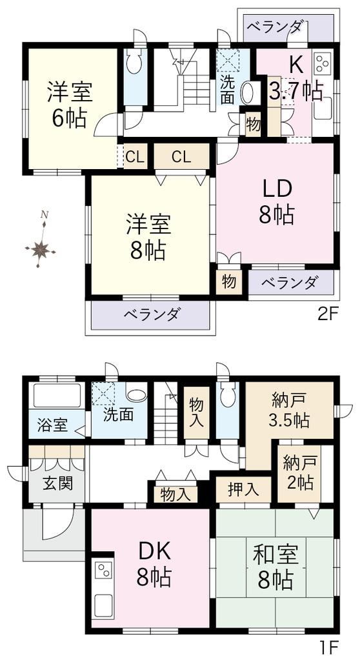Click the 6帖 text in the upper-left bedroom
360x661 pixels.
(69, 119)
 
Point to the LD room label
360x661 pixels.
(277, 191)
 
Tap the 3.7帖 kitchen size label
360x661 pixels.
(296, 90)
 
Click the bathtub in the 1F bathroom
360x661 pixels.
(57, 396)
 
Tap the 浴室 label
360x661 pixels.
(52, 425)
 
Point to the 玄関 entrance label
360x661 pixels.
(58, 483)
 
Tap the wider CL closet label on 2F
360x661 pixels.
(181, 157)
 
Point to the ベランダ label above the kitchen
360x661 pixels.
(274, 28)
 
